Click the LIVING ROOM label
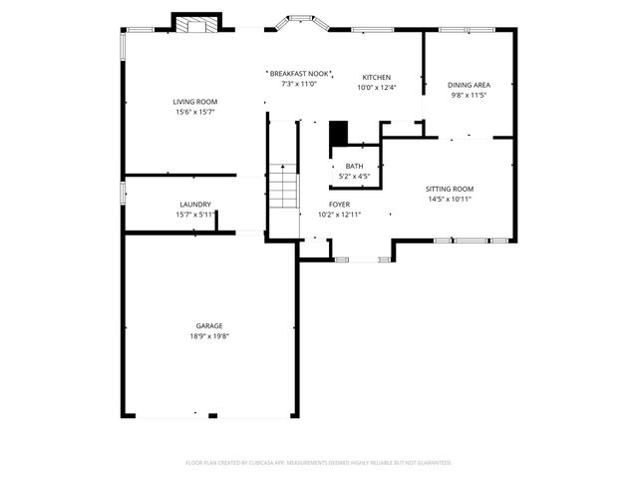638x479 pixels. click(194, 102)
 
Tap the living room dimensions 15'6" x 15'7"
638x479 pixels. click(194, 112)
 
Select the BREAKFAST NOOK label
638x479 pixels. click(299, 74)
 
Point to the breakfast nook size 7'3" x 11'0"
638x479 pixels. click(299, 85)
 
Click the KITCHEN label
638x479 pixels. click(376, 77)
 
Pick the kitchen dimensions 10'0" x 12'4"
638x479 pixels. click(376, 88)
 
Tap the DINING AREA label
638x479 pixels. click(469, 85)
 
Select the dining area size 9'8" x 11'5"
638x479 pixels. click(469, 96)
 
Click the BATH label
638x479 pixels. click(354, 166)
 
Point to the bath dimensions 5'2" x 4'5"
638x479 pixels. click(354, 177)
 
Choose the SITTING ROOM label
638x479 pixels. click(449, 189)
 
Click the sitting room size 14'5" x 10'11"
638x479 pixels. click(449, 200)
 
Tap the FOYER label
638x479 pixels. click(339, 204)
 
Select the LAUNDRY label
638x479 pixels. click(194, 204)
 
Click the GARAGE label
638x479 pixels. click(209, 325)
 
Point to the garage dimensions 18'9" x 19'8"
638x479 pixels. click(209, 336)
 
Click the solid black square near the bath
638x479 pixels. click(339, 133)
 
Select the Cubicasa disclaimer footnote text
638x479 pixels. click(319, 463)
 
